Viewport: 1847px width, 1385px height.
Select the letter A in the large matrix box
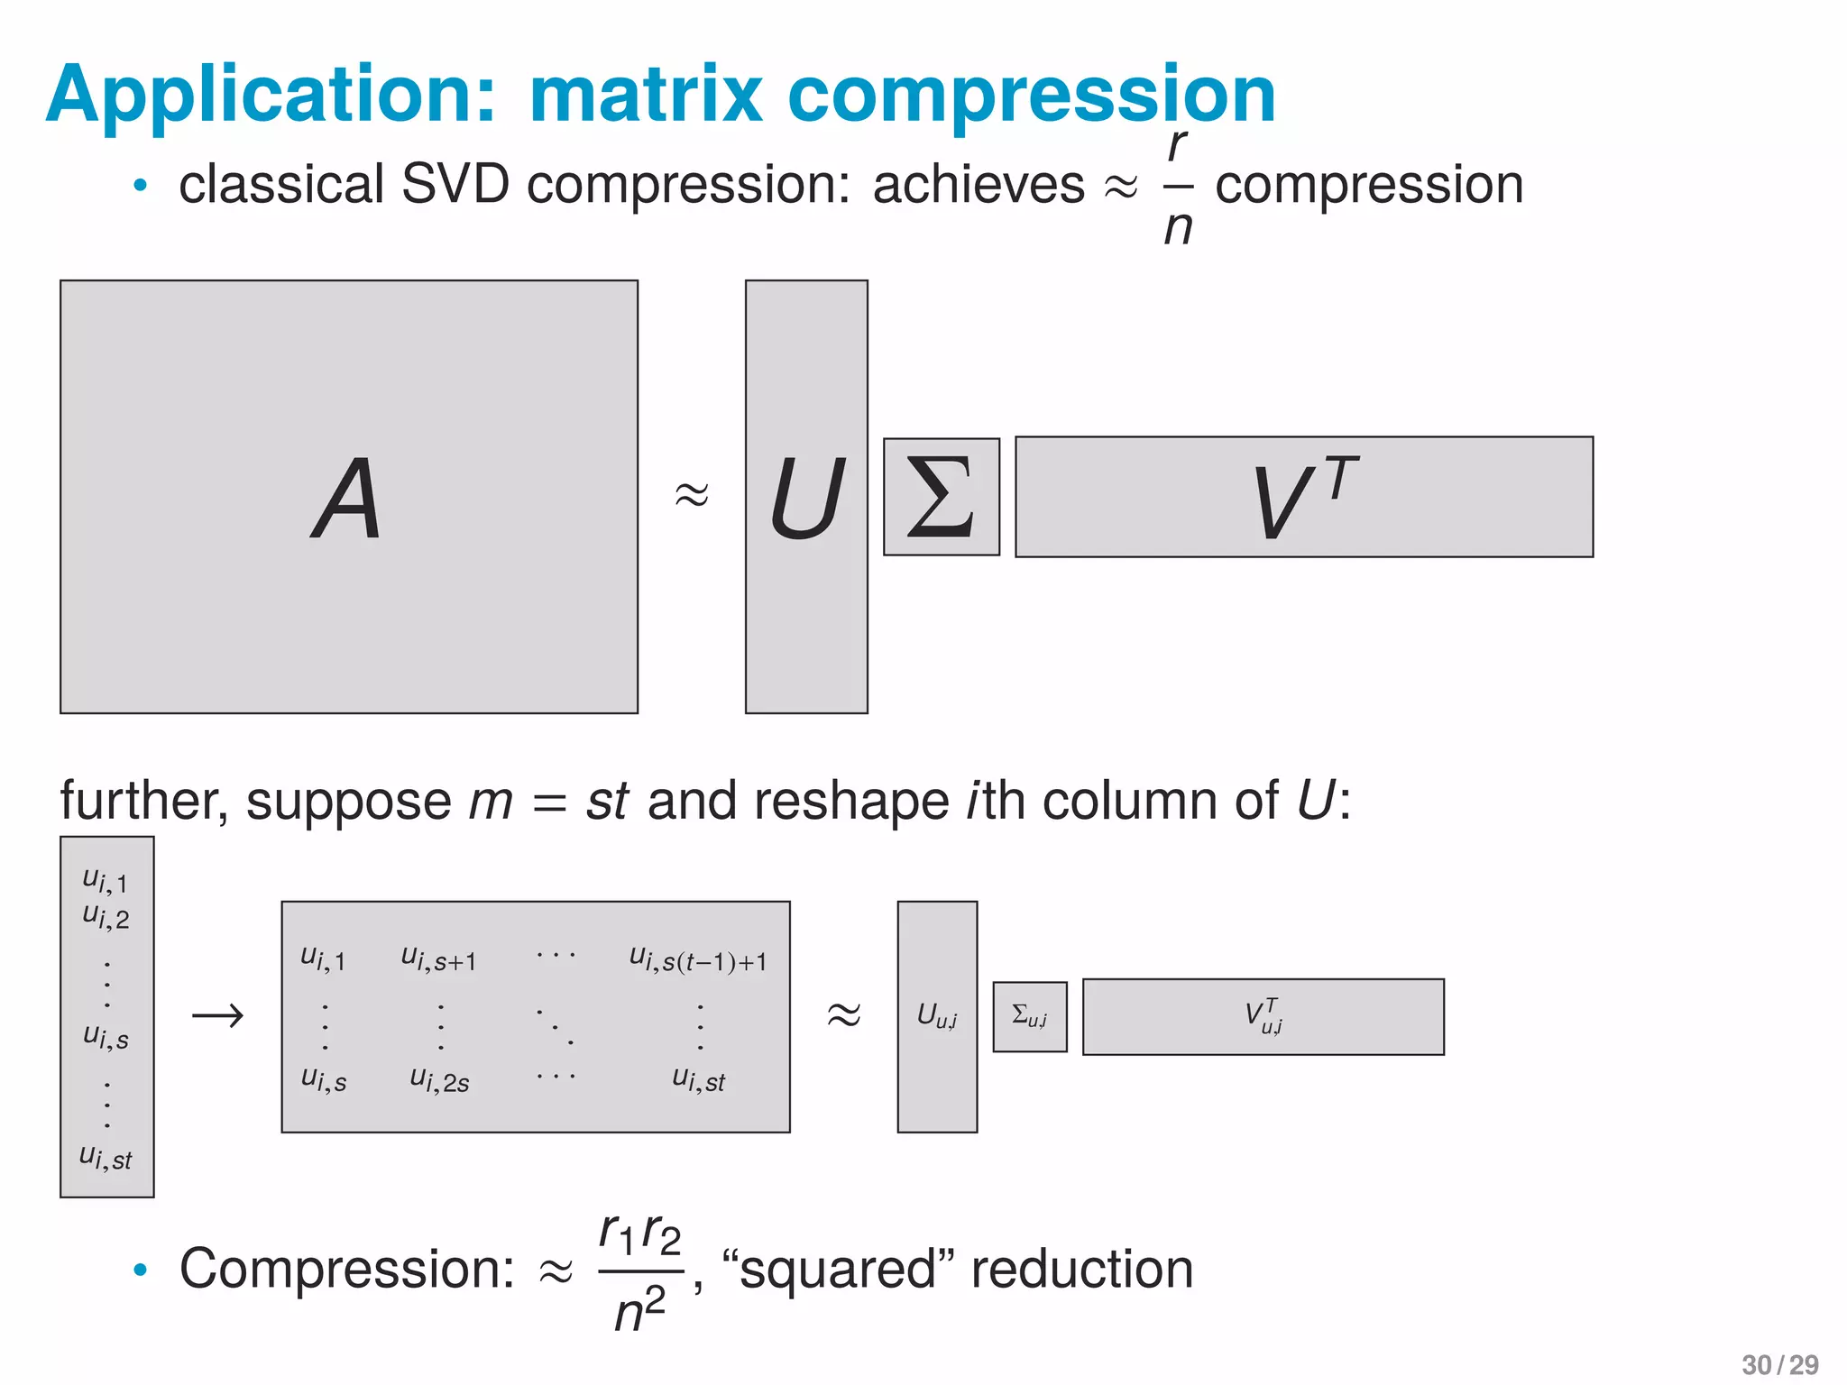pyautogui.click(x=348, y=498)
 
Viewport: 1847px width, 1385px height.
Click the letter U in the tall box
pyautogui.click(x=806, y=498)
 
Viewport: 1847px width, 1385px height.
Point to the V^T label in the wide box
pyautogui.click(x=1304, y=498)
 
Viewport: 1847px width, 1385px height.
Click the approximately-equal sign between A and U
pyautogui.click(x=692, y=494)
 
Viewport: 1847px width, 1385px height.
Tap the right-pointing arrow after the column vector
pyautogui.click(x=217, y=1016)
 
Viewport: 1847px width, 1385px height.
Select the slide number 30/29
pyautogui.click(x=1779, y=1365)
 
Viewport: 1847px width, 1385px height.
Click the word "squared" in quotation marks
pyautogui.click(x=839, y=1270)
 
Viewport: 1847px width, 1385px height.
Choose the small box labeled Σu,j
pyautogui.click(x=1030, y=1017)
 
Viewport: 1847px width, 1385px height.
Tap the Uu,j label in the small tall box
pyautogui.click(x=937, y=1017)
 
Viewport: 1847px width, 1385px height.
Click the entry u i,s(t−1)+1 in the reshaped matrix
pyautogui.click(x=698, y=960)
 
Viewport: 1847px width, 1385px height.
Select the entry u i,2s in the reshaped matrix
pyautogui.click(x=439, y=1079)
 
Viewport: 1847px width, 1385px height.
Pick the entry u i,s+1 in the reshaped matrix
pyautogui.click(x=439, y=959)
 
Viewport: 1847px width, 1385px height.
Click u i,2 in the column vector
pyautogui.click(x=106, y=917)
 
